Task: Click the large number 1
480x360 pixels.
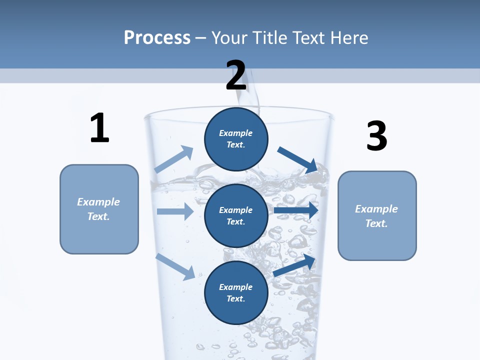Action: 99,128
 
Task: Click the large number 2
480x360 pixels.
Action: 236,75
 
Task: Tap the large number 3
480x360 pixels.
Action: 376,136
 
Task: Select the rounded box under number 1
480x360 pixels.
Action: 99,209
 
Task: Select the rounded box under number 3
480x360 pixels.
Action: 377,216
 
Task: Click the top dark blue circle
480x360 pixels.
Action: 236,139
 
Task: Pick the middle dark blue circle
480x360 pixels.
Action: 236,215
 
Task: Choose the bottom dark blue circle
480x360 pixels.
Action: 236,292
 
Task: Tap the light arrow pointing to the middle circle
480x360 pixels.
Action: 175,211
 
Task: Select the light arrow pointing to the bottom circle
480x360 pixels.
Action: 175,266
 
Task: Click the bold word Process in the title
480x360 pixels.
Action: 157,37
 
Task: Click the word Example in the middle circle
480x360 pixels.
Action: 236,210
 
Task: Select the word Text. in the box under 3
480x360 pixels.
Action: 376,223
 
